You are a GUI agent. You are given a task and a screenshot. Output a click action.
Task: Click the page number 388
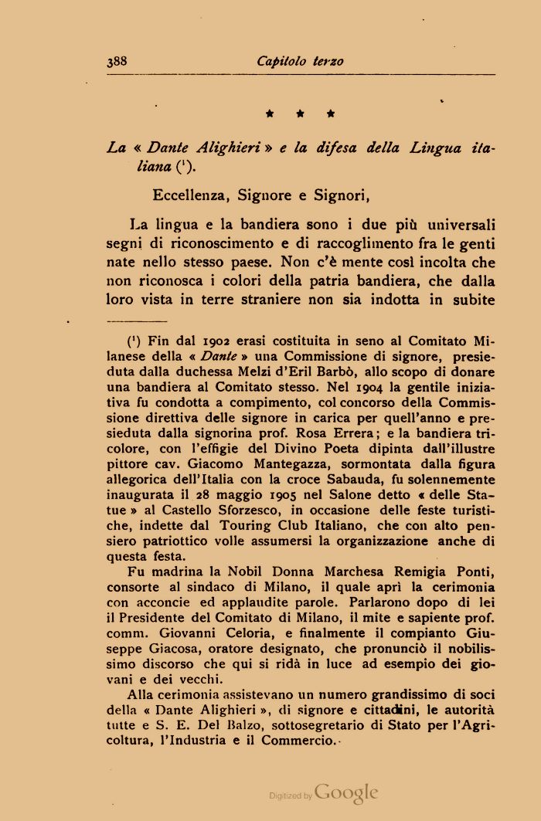[x=117, y=61]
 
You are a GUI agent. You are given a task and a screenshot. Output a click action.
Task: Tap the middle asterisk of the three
[x=300, y=114]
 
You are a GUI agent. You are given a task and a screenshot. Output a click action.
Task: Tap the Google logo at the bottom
[x=346, y=792]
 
